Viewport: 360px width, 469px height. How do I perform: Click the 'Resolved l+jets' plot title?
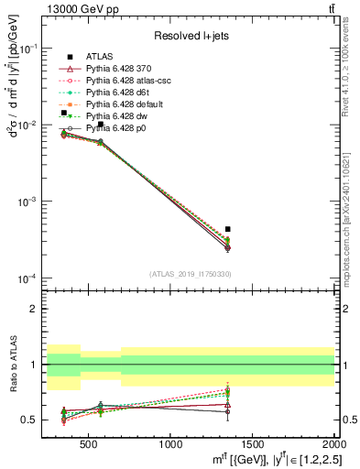191,36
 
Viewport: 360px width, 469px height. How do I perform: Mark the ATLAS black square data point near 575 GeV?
101,125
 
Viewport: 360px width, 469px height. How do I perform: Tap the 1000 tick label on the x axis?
170,445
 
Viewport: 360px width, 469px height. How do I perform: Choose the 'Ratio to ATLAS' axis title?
14,365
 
